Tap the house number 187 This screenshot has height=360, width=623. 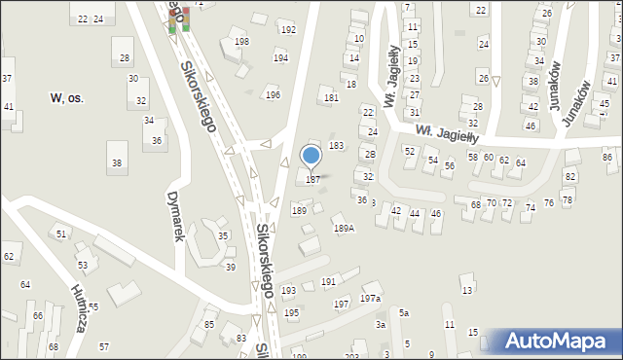(x=312, y=179)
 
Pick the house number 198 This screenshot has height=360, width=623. (x=241, y=41)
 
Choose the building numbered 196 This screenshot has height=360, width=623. (x=273, y=94)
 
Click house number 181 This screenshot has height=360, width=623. (x=331, y=98)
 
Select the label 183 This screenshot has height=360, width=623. (x=336, y=145)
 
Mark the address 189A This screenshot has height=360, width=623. (x=344, y=229)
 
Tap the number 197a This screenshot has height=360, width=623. (x=370, y=299)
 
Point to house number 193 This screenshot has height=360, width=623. (x=288, y=291)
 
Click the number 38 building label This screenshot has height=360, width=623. (x=117, y=162)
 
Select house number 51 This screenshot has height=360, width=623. (x=61, y=234)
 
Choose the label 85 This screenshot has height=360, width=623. (x=209, y=323)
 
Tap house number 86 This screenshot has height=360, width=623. (x=607, y=157)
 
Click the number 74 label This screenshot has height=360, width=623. (x=531, y=207)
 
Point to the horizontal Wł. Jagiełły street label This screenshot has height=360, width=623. (x=449, y=134)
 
